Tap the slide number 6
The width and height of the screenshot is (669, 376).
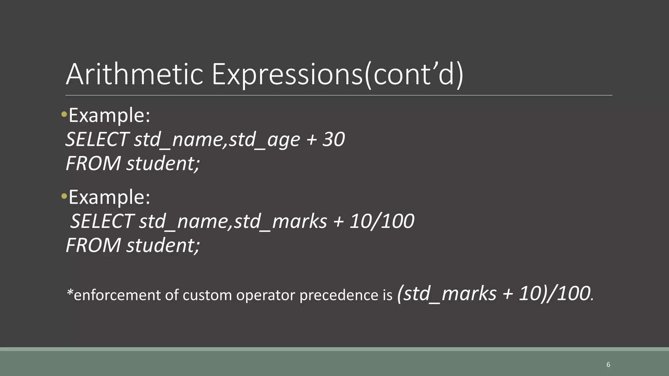point(608,365)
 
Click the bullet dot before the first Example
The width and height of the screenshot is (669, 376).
point(64,115)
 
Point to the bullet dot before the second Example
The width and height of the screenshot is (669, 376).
point(64,196)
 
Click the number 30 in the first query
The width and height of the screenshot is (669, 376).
point(334,139)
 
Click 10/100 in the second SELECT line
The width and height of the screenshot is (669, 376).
point(382,221)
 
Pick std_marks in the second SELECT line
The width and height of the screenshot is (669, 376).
point(280,221)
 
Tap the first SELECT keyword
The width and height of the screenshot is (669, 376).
point(97,139)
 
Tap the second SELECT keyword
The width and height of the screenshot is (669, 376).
point(102,221)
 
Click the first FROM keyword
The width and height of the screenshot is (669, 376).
point(93,163)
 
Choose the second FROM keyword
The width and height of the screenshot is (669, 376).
point(93,245)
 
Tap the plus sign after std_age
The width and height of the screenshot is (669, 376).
point(311,140)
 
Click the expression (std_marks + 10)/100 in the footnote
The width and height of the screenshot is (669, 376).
point(495,293)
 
